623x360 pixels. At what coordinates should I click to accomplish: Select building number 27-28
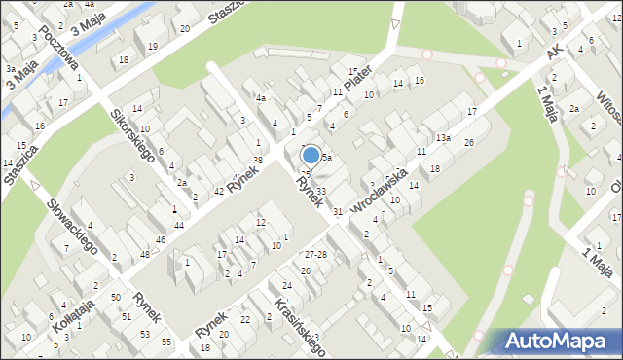tap(314, 254)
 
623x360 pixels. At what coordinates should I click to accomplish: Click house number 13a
tap(443, 138)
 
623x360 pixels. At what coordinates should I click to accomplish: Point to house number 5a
tap(327, 157)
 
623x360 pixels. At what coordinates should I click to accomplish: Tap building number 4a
tap(261, 98)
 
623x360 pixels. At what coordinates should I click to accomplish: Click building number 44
tap(178, 225)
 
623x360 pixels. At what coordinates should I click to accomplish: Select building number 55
tap(166, 342)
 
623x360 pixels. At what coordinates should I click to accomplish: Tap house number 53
tap(144, 334)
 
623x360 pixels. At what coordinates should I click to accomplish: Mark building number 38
tap(257, 159)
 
